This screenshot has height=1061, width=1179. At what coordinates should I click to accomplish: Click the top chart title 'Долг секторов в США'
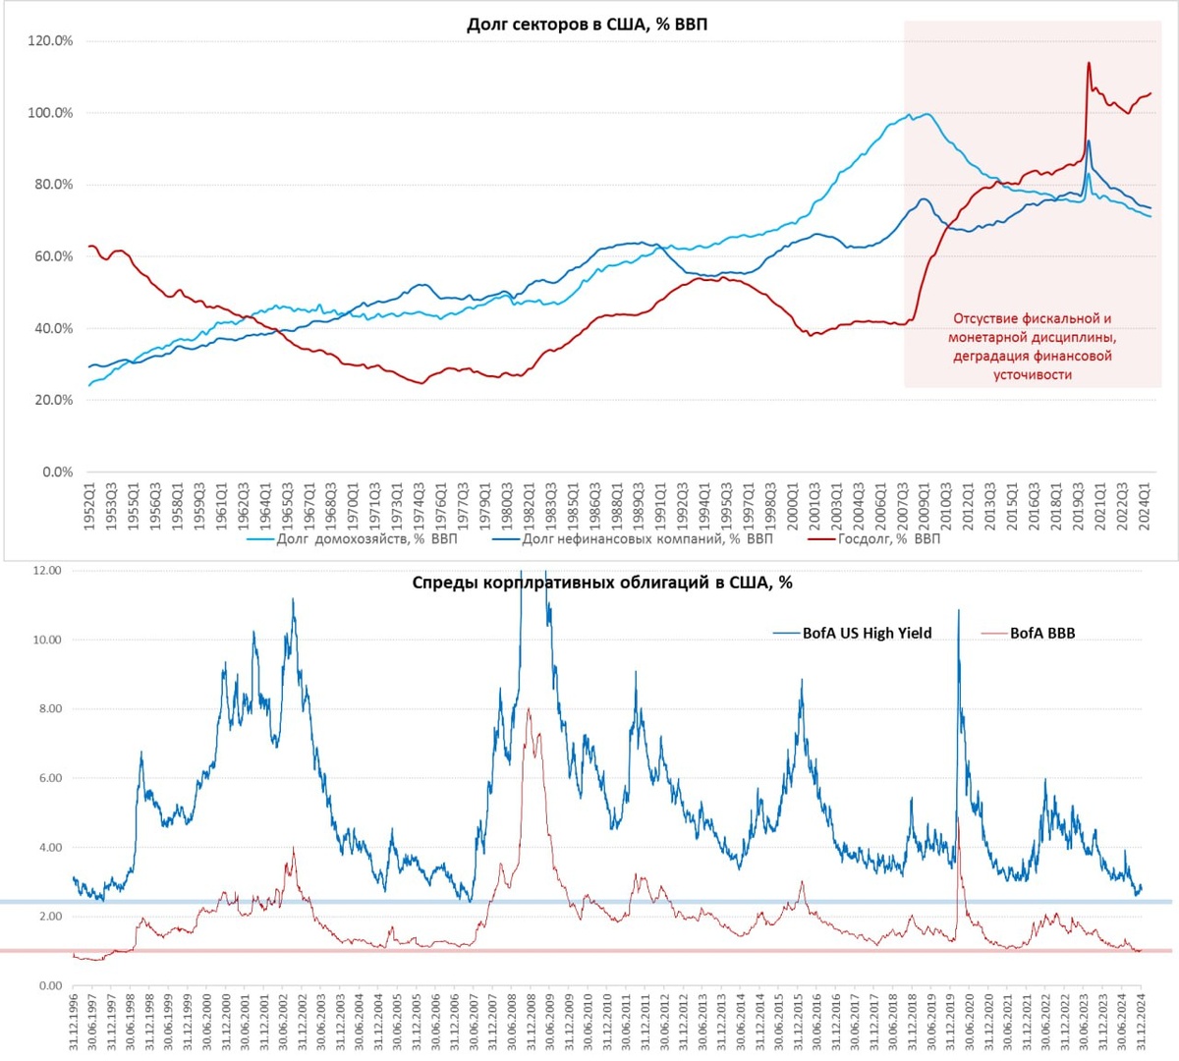point(587,25)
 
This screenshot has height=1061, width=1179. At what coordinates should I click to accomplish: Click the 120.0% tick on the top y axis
point(50,41)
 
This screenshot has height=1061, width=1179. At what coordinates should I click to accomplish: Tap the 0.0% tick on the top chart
point(57,472)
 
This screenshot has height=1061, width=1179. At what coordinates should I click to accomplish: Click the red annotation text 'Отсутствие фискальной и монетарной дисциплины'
point(1032,328)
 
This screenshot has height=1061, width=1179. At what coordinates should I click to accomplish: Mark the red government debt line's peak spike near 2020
point(1089,64)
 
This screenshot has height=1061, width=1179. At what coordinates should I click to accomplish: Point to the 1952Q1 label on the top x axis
point(89,507)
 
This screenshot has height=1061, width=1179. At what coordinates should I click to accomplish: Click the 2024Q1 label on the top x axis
point(1145,507)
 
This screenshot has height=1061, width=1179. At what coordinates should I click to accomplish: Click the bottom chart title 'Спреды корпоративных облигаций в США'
point(601,583)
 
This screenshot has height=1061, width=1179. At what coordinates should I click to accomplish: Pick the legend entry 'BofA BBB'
point(1041,634)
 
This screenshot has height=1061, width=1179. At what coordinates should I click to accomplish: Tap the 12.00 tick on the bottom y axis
point(47,571)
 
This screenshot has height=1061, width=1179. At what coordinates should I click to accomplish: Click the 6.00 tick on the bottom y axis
point(47,778)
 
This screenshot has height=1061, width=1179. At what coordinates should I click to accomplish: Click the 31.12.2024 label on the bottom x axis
point(1140,1022)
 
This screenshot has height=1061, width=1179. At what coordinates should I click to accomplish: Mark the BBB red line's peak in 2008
point(529,709)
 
